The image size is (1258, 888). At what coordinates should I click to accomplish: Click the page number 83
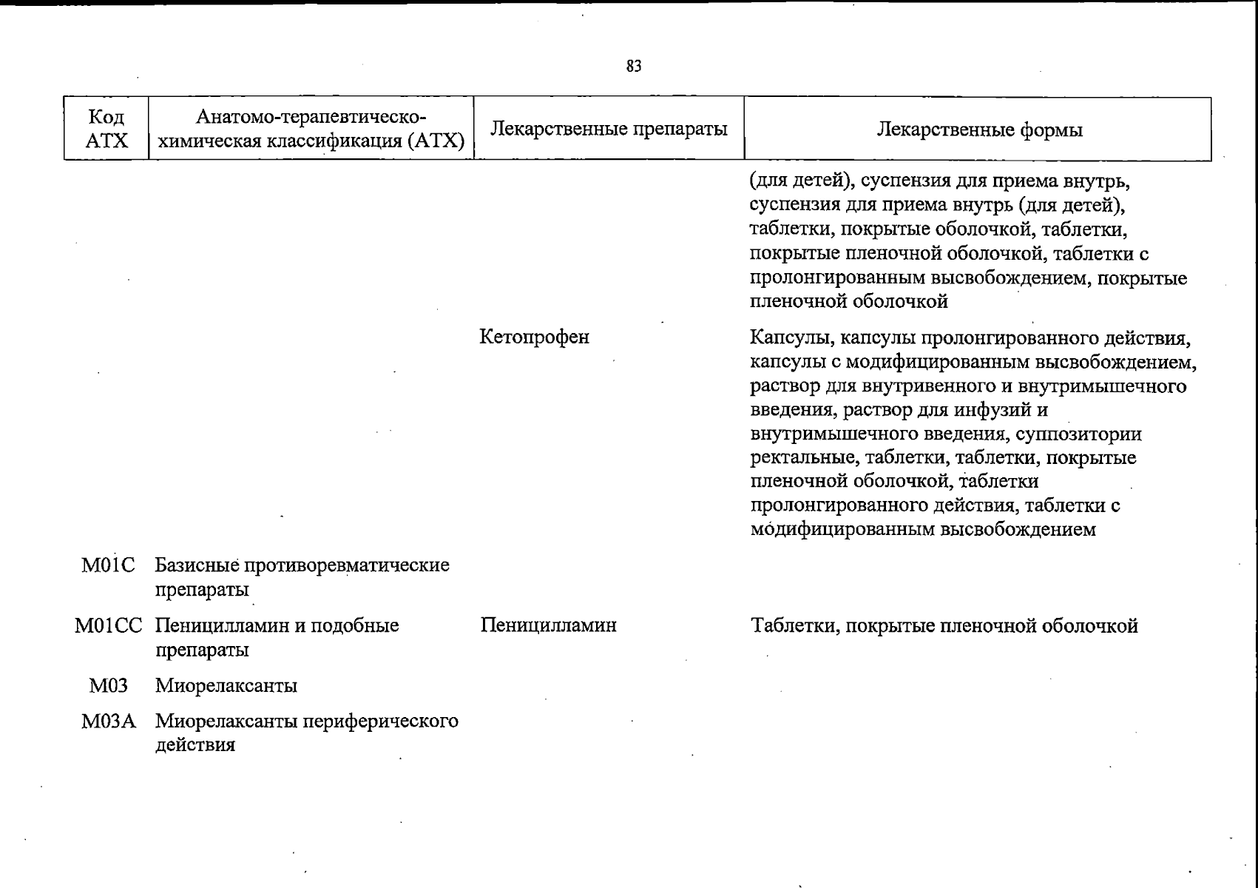[x=634, y=67]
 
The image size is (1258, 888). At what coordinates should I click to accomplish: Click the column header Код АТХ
[x=106, y=129]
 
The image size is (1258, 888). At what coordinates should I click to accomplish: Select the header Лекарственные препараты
[x=609, y=129]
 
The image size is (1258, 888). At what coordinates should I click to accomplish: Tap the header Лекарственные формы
[x=978, y=130]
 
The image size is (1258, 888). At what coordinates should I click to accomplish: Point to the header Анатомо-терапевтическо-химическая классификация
[x=311, y=129]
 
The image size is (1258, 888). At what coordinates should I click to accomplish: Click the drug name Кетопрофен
[x=534, y=337]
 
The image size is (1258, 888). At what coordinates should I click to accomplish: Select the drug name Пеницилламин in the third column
[x=548, y=626]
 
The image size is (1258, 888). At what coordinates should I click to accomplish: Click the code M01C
[x=108, y=566]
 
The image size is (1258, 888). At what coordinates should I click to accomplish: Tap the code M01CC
[x=108, y=626]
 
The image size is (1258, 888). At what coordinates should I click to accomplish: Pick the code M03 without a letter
[x=108, y=686]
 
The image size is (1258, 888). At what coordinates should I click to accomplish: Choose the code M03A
[x=108, y=721]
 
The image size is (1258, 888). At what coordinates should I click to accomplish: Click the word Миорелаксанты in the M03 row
[x=226, y=686]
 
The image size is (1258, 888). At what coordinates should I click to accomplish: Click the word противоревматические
[x=347, y=566]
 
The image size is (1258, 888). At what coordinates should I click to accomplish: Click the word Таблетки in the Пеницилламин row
[x=796, y=626]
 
